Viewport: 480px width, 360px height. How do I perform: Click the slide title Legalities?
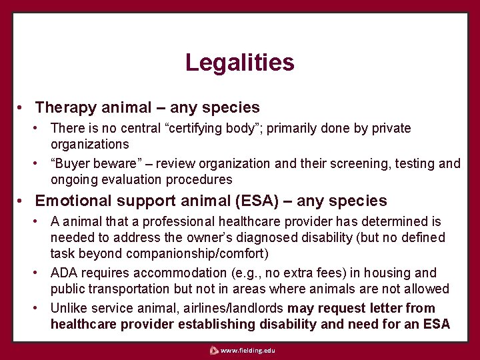click(239, 63)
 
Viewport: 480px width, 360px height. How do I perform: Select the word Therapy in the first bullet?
click(63, 107)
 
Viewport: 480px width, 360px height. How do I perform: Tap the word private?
click(391, 128)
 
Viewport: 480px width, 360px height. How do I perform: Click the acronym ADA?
click(64, 273)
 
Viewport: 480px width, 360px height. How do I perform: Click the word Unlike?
click(69, 308)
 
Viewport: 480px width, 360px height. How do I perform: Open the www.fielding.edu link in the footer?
click(247, 351)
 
